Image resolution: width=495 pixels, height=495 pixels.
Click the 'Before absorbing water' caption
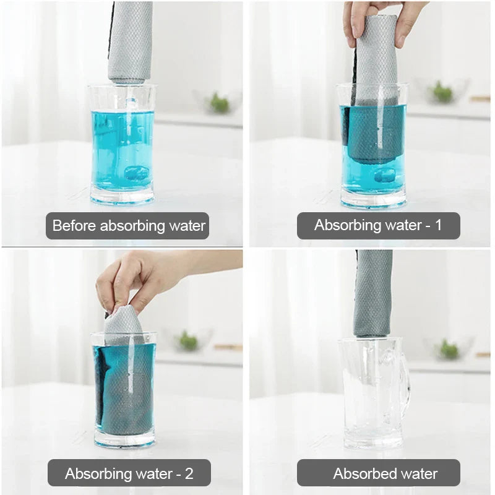(x=127, y=226)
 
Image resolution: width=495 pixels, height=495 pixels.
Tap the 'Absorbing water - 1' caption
(x=378, y=226)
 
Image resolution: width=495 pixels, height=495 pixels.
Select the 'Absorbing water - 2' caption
(x=129, y=473)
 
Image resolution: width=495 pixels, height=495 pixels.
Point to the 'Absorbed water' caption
(x=378, y=473)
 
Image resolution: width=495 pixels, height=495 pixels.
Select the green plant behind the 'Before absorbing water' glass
(x=219, y=103)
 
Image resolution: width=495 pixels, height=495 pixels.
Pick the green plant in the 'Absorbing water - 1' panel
(x=442, y=92)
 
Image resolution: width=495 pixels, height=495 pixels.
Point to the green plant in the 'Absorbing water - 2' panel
(x=187, y=341)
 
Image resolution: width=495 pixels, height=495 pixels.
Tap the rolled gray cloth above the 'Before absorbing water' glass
(x=130, y=40)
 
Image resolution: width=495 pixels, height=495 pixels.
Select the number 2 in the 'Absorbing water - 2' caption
(x=189, y=473)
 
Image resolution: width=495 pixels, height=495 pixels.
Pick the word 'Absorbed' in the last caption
(x=359, y=473)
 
